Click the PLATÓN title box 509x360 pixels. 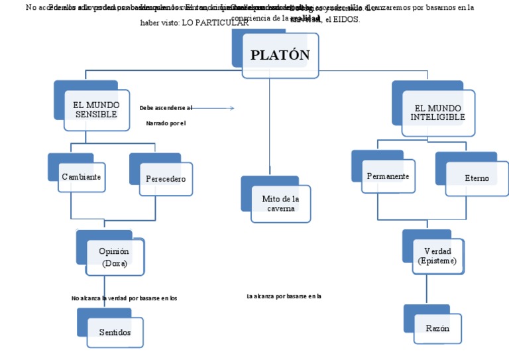click(280, 54)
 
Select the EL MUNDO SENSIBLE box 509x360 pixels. click(96, 110)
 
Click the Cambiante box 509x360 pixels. click(82, 177)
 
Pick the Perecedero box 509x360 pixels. click(165, 178)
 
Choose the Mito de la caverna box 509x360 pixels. click(280, 203)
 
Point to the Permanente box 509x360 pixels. click(388, 176)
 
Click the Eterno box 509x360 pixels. click(476, 178)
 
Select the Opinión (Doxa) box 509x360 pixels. click(114, 257)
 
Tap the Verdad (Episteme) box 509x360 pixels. click(437, 256)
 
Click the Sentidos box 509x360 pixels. click(115, 331)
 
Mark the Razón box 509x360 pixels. click(437, 328)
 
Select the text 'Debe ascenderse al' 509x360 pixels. click(166, 107)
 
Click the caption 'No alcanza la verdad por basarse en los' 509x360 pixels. click(124, 298)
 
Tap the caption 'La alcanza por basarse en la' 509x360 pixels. click(283, 296)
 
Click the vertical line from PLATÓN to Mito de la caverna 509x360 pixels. click(270, 126)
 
